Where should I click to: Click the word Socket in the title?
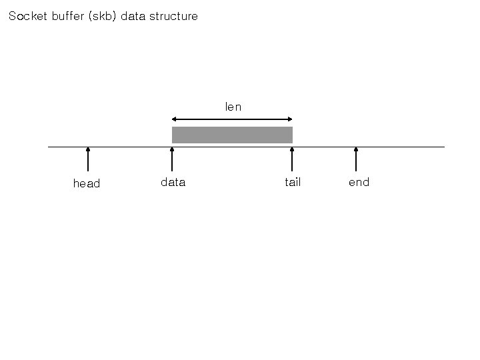click(27, 16)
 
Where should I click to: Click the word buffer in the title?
click(68, 16)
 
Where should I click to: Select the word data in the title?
click(133, 16)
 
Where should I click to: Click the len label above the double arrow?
click(233, 107)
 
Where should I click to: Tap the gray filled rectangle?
click(232, 135)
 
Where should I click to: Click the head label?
click(87, 183)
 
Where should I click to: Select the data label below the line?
click(173, 182)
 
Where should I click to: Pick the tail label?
click(293, 182)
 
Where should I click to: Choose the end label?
click(359, 182)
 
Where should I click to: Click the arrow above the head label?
click(88, 160)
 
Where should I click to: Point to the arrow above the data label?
click(172, 160)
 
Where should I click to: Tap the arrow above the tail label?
click(292, 160)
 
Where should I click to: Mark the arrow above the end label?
click(356, 160)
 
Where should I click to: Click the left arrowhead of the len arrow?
click(174, 119)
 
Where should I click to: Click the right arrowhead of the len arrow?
click(291, 119)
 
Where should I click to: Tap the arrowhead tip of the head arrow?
click(88, 148)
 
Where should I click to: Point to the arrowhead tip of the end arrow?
click(356, 148)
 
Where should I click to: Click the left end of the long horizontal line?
click(49, 147)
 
